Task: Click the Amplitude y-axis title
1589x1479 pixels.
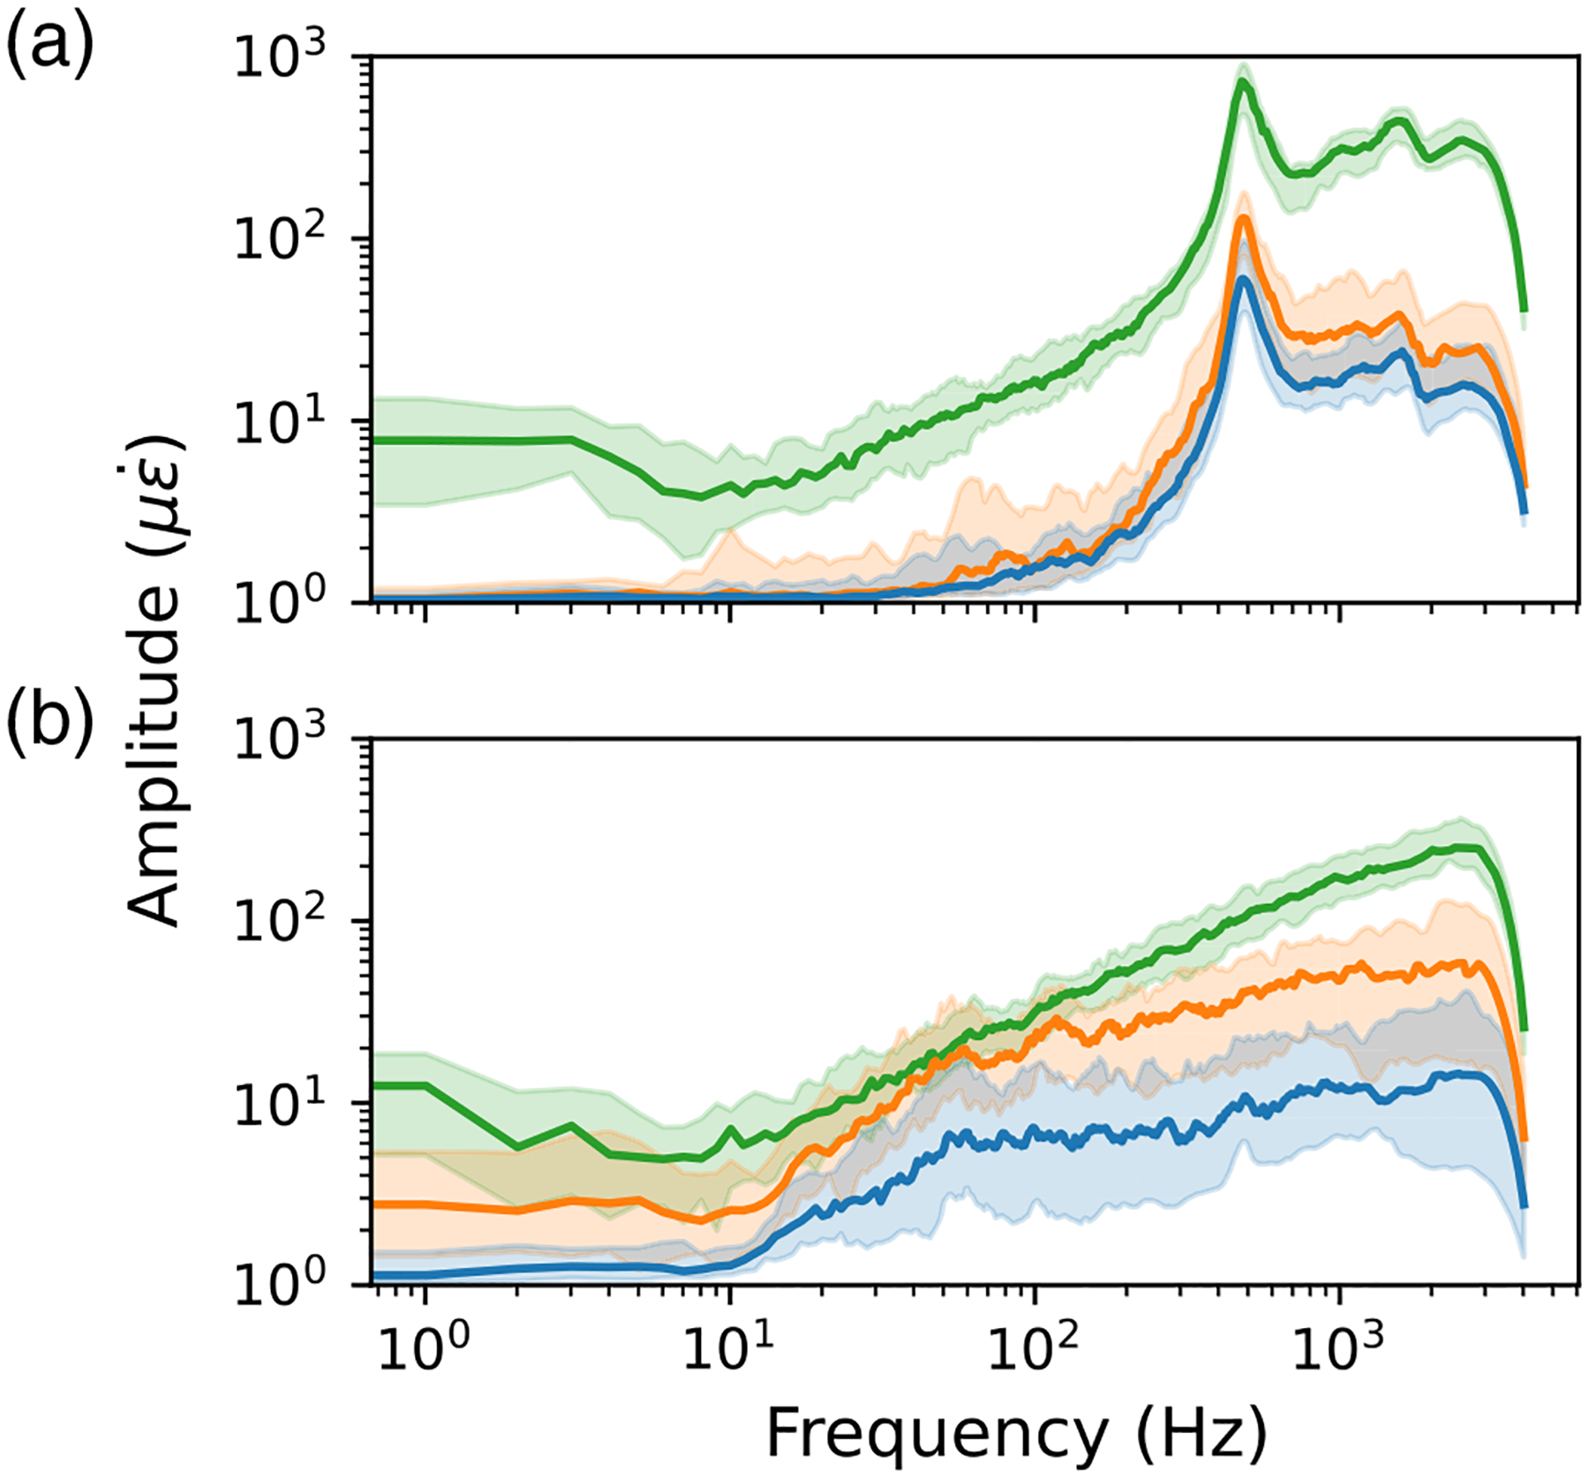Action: pos(155,680)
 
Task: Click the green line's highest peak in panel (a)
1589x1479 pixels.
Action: pos(1243,81)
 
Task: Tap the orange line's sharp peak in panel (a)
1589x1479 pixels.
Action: pos(1243,216)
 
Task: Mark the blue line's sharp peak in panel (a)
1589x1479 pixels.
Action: pos(1243,279)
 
